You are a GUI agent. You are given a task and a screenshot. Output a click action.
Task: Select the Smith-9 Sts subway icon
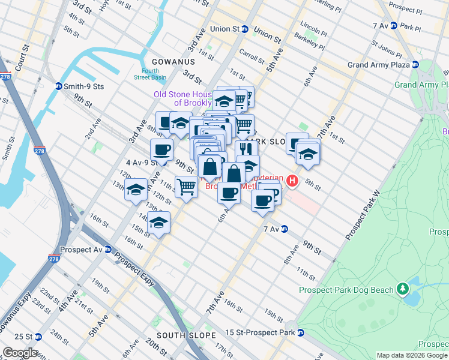(x=59, y=86)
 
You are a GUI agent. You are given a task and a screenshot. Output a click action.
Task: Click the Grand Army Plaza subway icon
(x=415, y=65)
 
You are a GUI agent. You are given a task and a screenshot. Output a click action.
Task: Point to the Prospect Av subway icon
(x=108, y=249)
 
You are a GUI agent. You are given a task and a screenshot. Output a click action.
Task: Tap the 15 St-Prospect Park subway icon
(x=301, y=332)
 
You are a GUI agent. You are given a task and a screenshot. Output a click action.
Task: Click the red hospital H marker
(x=292, y=180)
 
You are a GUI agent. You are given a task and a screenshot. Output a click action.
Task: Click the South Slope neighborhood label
(x=182, y=335)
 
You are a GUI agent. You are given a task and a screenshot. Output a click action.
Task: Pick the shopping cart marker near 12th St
(x=186, y=187)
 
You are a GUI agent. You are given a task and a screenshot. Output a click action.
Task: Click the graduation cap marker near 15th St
(x=158, y=223)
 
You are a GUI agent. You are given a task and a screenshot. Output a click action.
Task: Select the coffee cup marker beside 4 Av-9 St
(x=161, y=149)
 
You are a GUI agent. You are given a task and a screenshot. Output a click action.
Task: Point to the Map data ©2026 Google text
(x=412, y=355)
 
